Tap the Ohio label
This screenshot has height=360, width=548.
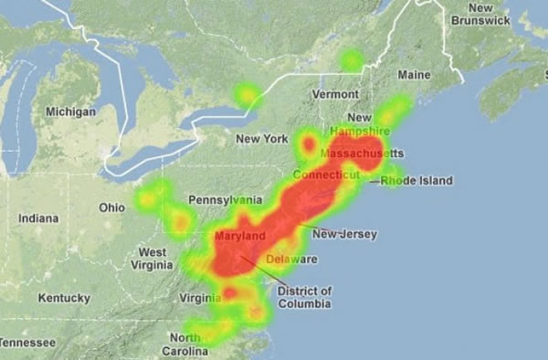click(111, 207)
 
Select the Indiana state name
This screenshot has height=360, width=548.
click(38, 218)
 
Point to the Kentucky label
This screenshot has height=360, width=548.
click(64, 298)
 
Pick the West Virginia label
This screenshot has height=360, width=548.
click(152, 259)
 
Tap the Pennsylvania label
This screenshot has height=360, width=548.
click(225, 199)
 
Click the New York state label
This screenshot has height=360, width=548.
click(261, 139)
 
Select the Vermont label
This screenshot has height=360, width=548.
click(335, 94)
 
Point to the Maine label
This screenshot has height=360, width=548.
click(414, 74)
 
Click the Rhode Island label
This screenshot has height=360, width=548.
click(416, 181)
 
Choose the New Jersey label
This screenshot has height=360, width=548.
click(344, 235)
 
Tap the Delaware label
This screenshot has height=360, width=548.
click(292, 259)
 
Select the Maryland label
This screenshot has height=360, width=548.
click(239, 237)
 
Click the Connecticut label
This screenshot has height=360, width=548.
click(326, 174)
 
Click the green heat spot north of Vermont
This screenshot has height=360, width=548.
click(352, 61)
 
